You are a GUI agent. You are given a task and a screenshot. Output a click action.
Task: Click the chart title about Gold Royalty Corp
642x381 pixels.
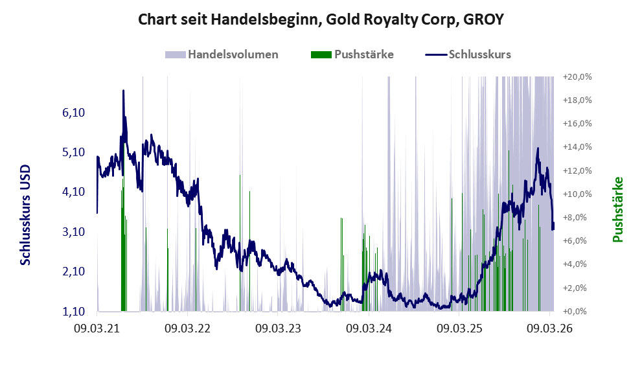321,20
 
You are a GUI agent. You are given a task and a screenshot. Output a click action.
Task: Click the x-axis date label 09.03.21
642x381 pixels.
97,329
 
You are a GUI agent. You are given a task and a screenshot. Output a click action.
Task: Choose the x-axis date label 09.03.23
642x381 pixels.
279,329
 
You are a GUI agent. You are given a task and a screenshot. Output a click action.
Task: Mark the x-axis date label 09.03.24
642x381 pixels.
369,329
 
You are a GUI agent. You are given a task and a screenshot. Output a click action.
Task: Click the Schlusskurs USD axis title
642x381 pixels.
26,214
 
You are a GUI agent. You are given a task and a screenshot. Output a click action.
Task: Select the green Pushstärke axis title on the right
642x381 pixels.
617,209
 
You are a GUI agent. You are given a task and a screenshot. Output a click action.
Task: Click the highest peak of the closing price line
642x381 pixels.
123,91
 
